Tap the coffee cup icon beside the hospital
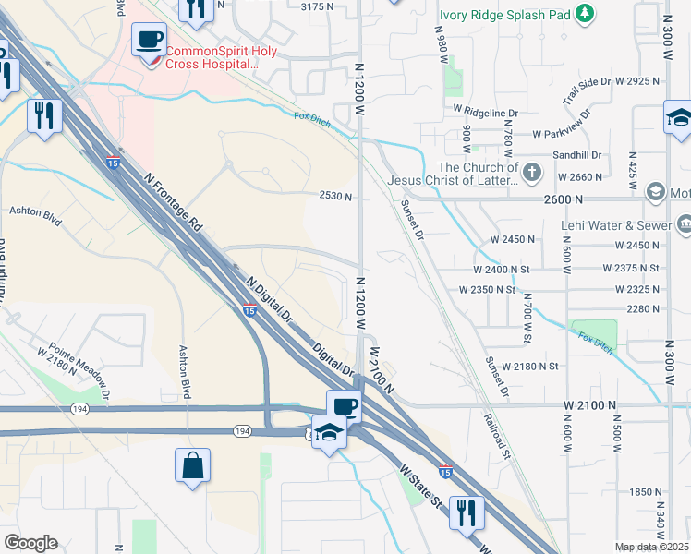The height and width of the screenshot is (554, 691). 150,41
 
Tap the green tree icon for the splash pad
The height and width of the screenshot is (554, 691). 584,14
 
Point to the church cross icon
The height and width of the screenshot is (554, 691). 532,172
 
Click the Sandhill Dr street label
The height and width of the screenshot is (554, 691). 577,156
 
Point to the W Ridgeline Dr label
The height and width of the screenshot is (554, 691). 486,112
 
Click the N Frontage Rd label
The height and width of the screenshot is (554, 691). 171,205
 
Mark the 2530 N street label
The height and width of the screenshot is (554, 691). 336,197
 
